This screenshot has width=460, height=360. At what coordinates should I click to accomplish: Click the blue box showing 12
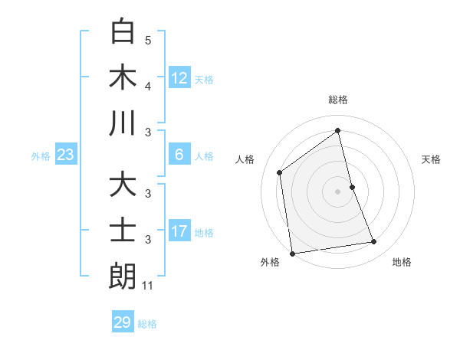[179, 78]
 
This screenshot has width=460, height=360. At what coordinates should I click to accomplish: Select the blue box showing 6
[179, 155]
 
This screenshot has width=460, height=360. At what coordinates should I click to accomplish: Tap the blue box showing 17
[179, 231]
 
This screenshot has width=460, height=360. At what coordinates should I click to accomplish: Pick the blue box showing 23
[66, 155]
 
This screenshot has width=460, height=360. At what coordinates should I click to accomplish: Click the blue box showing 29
[123, 322]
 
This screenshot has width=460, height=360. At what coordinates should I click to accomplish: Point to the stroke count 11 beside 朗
[148, 286]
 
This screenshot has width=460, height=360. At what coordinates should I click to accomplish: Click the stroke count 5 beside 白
[148, 40]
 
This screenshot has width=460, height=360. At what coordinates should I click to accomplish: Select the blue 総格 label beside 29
[148, 324]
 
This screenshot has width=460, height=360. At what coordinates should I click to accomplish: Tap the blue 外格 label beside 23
[41, 156]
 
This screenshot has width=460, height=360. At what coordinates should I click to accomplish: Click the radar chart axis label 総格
[337, 100]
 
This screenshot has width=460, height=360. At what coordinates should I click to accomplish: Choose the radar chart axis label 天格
[432, 159]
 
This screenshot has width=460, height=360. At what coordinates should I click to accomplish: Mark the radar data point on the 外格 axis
[291, 253]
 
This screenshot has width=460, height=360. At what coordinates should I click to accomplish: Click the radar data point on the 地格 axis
[374, 242]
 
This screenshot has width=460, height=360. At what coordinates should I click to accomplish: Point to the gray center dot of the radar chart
[337, 191]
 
